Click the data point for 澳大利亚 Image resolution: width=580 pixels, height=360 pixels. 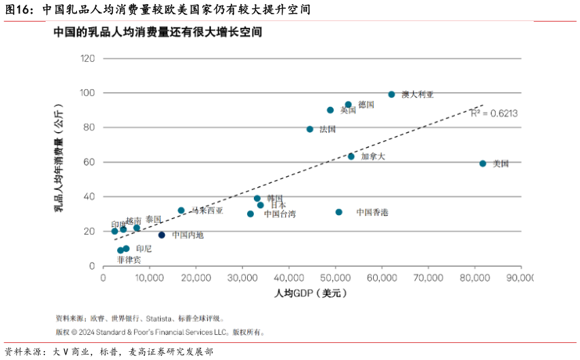click(391, 95)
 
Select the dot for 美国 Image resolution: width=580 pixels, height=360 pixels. click(483, 163)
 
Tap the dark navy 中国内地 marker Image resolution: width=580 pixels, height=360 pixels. click(162, 235)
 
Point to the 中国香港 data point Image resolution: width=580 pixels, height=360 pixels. click(339, 212)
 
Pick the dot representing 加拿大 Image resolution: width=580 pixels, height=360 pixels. click(351, 157)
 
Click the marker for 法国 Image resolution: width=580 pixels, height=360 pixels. click(310, 129)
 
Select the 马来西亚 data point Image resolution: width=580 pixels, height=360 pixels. click(181, 210)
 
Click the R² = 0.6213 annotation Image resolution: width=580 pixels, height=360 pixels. click(494, 114)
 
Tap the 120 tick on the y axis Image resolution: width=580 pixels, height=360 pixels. click(88, 59)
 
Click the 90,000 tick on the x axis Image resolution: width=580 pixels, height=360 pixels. click(521, 278)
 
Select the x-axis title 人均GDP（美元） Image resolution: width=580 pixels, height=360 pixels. click(311, 293)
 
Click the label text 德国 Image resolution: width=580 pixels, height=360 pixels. click(366, 105)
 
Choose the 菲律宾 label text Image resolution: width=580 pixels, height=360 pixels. click(129, 260)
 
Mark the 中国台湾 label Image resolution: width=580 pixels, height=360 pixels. click(280, 214)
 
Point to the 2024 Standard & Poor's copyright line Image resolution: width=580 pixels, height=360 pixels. click(160, 333)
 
